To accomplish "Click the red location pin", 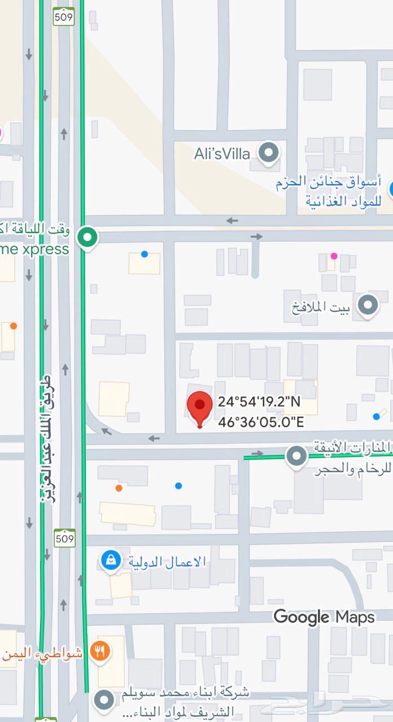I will click(x=199, y=407).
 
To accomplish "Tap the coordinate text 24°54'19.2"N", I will click(x=259, y=402).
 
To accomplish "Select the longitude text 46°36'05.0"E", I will click(x=261, y=421).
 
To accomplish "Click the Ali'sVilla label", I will click(x=222, y=153).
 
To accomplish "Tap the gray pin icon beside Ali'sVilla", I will click(x=269, y=152).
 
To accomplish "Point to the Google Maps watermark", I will click(x=324, y=617).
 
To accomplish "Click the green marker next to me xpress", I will click(x=88, y=236).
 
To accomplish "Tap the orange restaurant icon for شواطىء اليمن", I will click(x=101, y=652).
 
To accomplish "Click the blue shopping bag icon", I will click(x=111, y=560).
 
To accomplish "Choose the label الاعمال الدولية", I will click(x=167, y=562).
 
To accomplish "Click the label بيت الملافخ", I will click(x=321, y=308).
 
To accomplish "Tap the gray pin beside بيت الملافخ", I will click(x=368, y=305).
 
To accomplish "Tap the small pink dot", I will click(x=334, y=256).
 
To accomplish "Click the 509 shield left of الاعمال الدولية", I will click(x=64, y=538).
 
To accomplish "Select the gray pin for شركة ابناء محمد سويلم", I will click(x=103, y=701).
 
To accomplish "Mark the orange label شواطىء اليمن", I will click(x=42, y=654).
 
